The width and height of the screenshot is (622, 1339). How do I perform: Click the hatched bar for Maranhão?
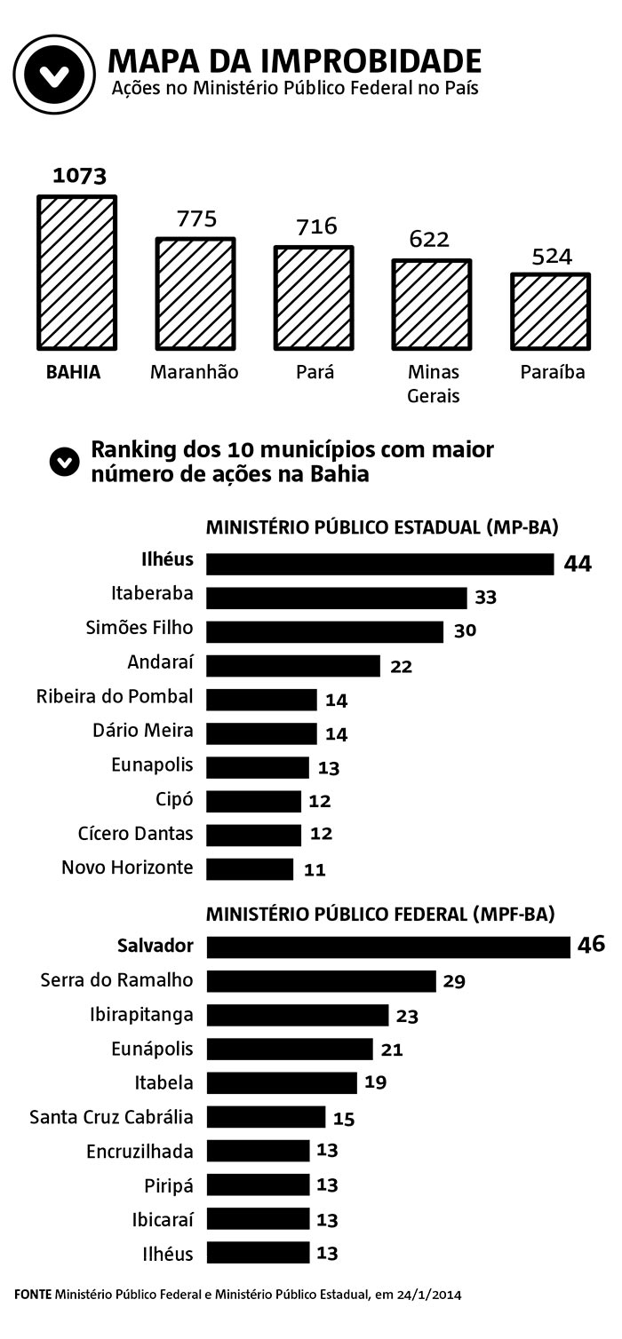tap(195, 293)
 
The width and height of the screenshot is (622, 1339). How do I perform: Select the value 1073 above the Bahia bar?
tap(79, 175)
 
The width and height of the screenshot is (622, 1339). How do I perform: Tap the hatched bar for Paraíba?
tap(550, 311)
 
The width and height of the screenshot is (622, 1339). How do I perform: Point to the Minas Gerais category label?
tap(434, 384)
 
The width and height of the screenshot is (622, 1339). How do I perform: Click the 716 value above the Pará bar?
tap(317, 226)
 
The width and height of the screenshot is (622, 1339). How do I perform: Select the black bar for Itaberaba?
tap(337, 598)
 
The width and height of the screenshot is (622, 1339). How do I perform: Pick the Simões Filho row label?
tap(139, 629)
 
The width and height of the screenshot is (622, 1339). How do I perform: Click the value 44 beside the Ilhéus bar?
tap(577, 564)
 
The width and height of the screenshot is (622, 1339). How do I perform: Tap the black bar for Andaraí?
tap(293, 665)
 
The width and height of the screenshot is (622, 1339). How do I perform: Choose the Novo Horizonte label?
tap(127, 868)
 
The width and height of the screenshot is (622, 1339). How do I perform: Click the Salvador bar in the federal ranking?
tap(388, 947)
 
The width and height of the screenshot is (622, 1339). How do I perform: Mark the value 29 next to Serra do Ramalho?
tap(454, 981)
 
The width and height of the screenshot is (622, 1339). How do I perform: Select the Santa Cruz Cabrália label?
tap(111, 1117)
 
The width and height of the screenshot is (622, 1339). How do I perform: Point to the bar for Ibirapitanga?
tap(298, 1015)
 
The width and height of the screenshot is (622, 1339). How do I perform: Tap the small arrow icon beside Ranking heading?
tap(65, 462)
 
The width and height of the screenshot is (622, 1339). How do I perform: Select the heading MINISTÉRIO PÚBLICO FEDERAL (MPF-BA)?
tap(380, 914)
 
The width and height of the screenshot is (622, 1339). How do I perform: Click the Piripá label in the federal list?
tap(169, 1185)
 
